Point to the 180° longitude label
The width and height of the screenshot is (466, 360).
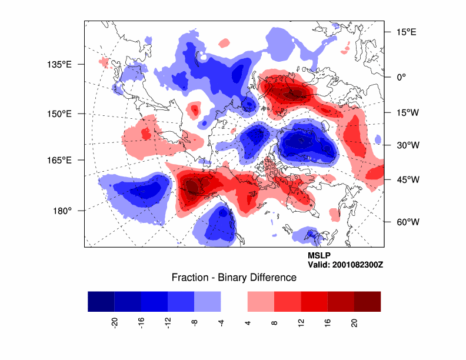[62, 211]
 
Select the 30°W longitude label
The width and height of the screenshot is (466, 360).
[405, 145]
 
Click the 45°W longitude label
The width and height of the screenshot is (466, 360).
[405, 179]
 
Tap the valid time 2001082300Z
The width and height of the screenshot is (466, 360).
[345, 265]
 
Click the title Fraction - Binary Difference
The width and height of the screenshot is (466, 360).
[234, 278]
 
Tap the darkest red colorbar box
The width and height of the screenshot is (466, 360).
[367, 301]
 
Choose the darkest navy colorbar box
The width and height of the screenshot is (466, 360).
[101, 301]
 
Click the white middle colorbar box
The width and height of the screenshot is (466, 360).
[234, 301]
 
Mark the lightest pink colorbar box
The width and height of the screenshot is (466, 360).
[261, 301]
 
